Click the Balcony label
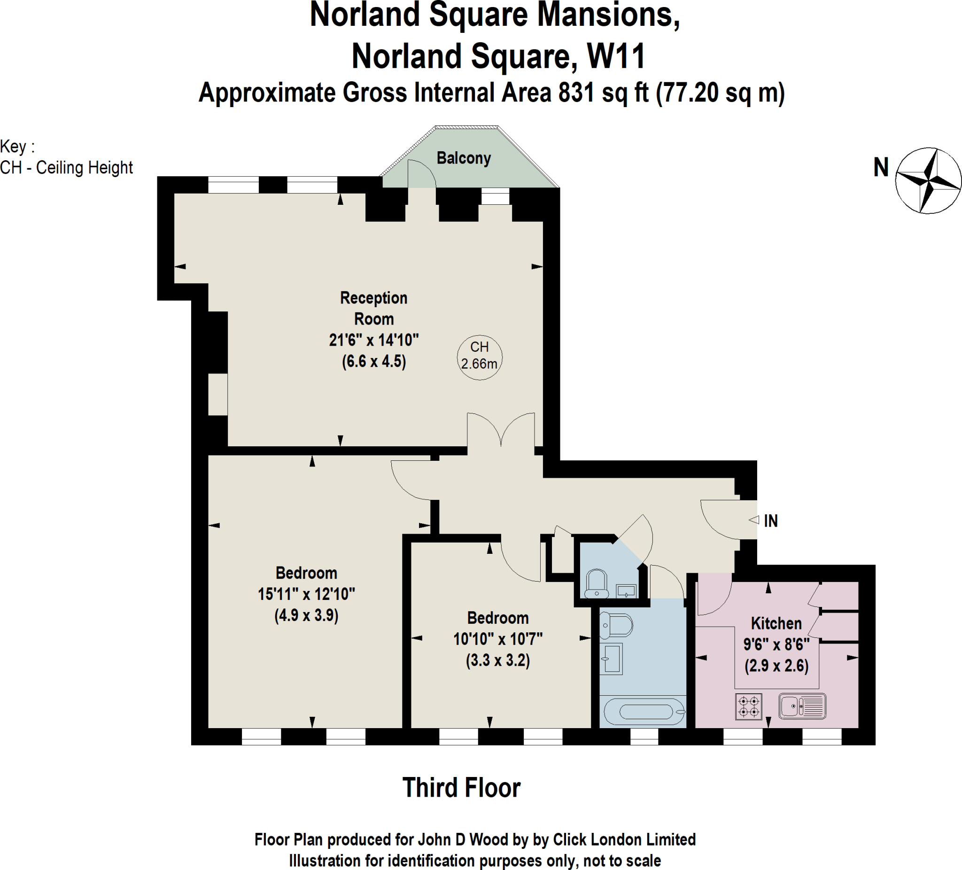coord(463,158)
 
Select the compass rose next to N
coord(928,180)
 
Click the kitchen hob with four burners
coord(748,707)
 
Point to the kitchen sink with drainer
coord(802,706)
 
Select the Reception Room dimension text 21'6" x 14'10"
coord(373,340)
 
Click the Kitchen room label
coord(776,623)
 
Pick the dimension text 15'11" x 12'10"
coord(306,594)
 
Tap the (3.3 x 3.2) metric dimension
coord(498,660)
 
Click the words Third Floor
coord(461,787)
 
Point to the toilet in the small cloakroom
coord(597,583)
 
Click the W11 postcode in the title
coord(616,56)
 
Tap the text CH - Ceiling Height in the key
coord(66,168)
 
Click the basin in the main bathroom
coord(612,659)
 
